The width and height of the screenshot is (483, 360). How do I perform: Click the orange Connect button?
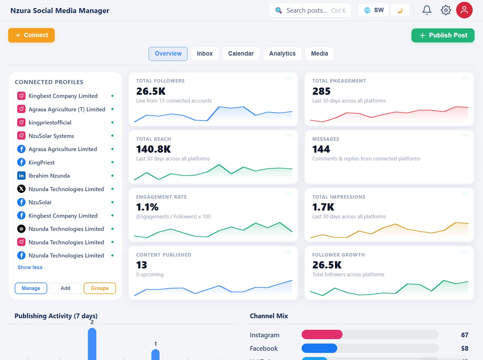point(31,35)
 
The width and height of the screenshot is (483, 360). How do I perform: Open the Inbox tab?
point(205,54)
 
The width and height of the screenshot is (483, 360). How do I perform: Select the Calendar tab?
point(241,54)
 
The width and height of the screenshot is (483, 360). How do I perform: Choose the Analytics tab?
point(282,54)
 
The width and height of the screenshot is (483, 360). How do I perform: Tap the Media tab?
point(319,54)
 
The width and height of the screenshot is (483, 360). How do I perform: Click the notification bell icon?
point(427,10)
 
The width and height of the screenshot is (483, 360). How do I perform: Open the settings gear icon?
point(446,10)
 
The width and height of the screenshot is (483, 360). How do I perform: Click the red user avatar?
point(464,10)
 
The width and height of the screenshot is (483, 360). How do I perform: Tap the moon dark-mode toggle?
point(400,10)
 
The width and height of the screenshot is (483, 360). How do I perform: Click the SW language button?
point(373,10)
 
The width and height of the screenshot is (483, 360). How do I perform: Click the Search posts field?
point(310,10)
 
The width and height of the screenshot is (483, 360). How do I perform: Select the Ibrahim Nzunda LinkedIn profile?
point(49,176)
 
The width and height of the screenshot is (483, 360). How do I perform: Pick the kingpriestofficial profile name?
point(50,122)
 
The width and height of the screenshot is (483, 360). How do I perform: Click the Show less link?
point(30,267)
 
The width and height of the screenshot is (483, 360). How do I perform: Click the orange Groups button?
point(100,288)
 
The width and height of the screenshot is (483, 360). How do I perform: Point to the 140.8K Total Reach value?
point(154,149)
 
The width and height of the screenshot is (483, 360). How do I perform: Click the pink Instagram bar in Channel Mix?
point(322,334)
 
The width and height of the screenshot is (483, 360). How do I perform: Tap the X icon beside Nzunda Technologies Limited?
point(21,189)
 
